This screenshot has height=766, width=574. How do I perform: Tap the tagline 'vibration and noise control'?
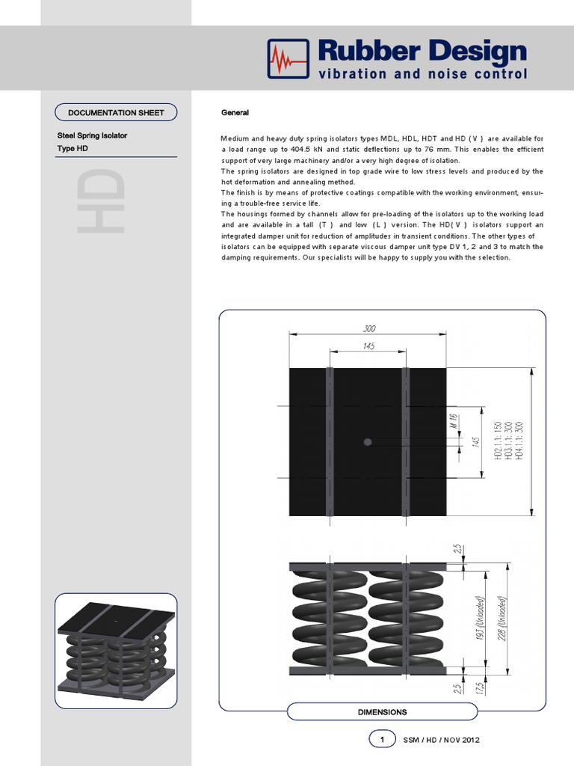[x=423, y=74]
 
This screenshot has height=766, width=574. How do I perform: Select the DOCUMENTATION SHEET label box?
[x=116, y=113]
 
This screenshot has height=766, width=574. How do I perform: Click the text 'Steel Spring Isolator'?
[x=92, y=135]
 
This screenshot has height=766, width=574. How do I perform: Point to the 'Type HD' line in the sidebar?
[x=72, y=149]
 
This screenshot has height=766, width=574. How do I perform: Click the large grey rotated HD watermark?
[x=99, y=200]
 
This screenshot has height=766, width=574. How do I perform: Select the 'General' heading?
[x=235, y=113]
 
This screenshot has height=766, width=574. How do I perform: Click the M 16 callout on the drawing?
[x=453, y=421]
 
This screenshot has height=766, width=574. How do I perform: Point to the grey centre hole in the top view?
[x=367, y=442]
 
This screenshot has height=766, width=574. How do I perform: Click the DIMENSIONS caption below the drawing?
[x=382, y=712]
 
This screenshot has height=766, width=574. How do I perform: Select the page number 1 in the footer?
[x=382, y=740]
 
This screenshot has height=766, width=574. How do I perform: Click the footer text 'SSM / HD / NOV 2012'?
[x=441, y=740]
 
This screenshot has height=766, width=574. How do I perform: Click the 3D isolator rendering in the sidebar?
[x=116, y=652]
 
